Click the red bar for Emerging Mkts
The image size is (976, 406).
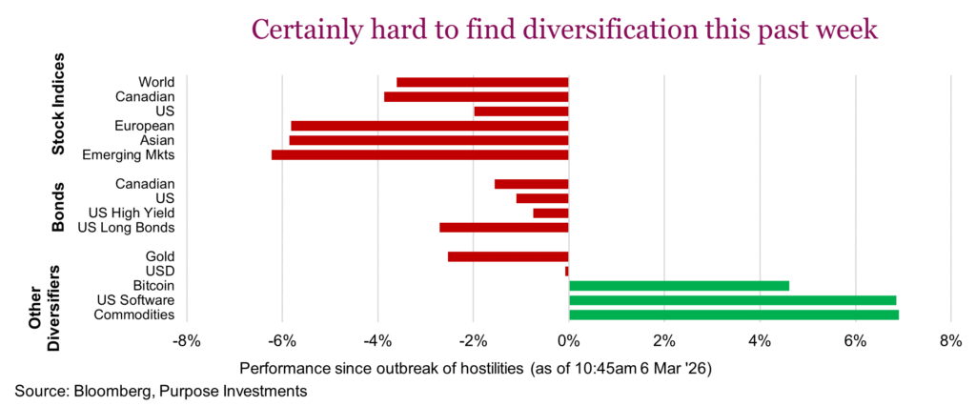(x=419, y=154)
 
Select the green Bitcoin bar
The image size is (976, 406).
(x=679, y=285)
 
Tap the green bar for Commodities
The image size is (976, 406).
(x=734, y=315)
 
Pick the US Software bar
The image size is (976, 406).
(x=732, y=300)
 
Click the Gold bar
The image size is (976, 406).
(x=508, y=256)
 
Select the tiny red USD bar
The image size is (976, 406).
(x=566, y=271)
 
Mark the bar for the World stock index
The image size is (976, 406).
(x=482, y=82)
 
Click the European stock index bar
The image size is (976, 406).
(x=429, y=126)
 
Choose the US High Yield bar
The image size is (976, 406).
(x=550, y=213)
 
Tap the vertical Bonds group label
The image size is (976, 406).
(x=59, y=205)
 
